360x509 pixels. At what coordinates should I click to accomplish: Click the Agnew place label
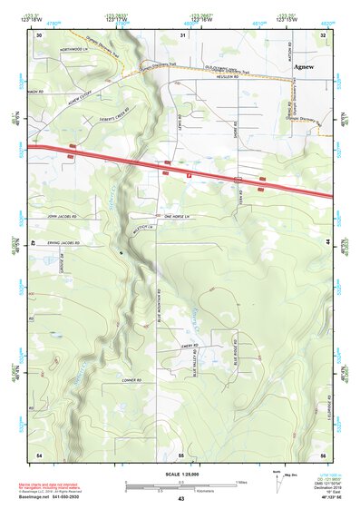pos(304,66)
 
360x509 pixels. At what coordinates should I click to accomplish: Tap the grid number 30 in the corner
pos(39,35)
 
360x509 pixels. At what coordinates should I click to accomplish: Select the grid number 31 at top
pos(184,35)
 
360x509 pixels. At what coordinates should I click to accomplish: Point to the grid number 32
pos(322,35)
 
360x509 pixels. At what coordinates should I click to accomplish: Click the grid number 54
pos(39,453)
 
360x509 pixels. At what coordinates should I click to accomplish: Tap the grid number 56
pos(322,453)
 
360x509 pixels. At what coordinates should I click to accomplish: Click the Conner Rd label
pos(134,380)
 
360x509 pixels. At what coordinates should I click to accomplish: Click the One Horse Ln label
pos(180,218)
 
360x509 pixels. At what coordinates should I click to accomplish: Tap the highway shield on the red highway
pos(188,170)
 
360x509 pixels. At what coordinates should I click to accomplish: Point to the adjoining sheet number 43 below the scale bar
pos(180,498)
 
